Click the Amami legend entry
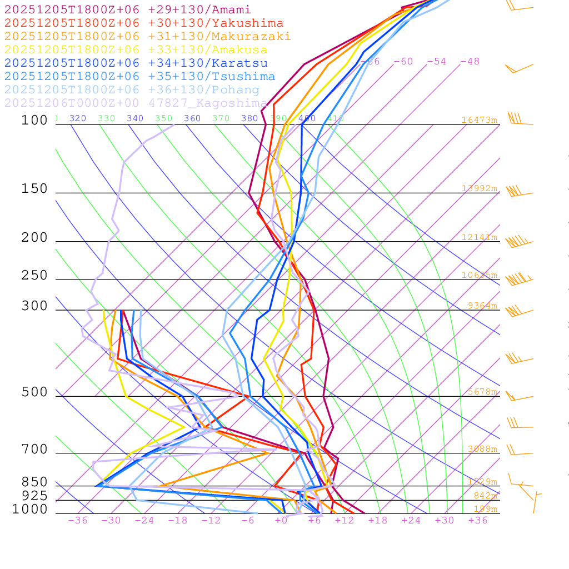128,10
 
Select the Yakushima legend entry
144,23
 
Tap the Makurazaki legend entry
148,37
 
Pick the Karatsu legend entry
136,63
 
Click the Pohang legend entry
132,90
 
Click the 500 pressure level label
34,392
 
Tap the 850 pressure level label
34,482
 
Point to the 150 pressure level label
34,189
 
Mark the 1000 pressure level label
30,509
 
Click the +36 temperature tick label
478,520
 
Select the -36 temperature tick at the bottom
78,520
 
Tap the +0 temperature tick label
281,520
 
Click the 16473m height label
480,120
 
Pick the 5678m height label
482,392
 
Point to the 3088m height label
482,449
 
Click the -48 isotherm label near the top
470,62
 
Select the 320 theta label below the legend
78,118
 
